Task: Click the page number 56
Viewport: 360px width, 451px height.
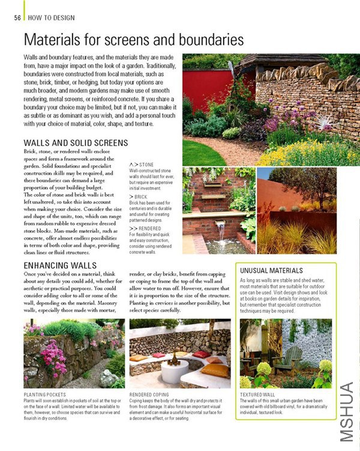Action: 17,18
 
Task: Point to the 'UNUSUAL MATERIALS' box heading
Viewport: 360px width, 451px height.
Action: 271,271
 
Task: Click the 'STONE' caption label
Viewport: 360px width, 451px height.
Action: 145,164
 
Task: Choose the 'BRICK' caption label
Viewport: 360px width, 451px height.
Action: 141,197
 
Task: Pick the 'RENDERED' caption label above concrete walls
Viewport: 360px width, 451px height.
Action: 149,228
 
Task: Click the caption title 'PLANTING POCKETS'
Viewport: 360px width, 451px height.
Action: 45,394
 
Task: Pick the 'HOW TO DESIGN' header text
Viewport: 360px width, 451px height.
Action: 52,18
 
